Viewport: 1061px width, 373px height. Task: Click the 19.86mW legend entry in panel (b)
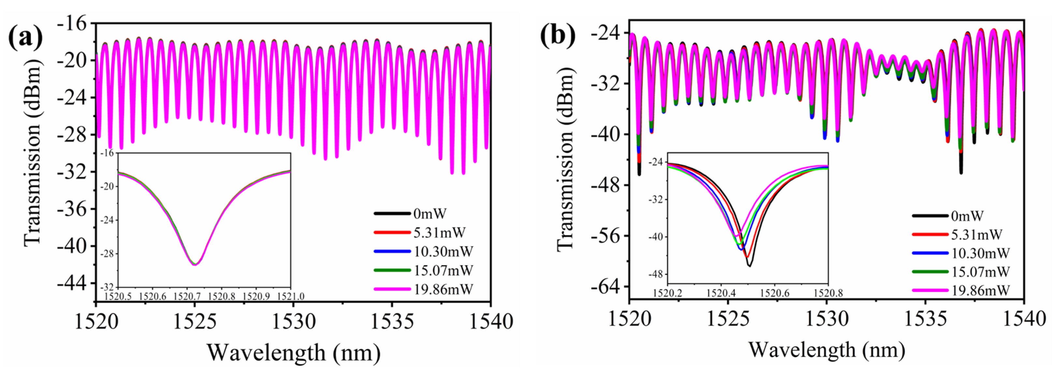coord(980,290)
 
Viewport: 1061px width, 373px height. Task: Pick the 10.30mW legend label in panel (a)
coord(443,251)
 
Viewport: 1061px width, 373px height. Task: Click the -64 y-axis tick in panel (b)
coord(605,287)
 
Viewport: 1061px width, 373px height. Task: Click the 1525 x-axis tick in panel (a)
coord(195,322)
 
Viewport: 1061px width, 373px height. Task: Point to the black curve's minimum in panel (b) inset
coord(749,266)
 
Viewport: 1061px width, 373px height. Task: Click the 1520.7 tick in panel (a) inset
coord(187,296)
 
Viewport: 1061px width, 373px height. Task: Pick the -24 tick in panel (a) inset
coord(108,220)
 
